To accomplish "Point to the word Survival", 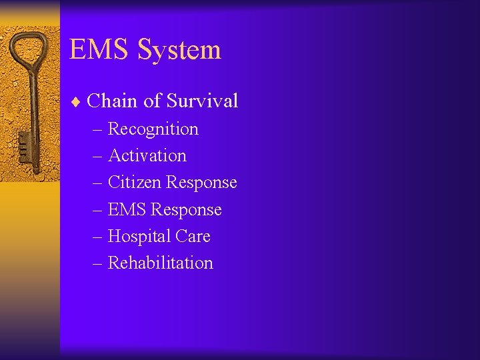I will point(202,101).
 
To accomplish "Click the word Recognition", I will point(153,129).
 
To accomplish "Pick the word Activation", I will point(147,155).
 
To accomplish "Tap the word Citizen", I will point(134,182).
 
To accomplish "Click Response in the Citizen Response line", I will point(201,182).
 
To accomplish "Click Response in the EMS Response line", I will point(186,209).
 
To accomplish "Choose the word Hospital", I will point(139,236).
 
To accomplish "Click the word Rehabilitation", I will point(160,263).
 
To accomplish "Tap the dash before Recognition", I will point(98,129).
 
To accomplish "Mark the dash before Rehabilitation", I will point(98,263).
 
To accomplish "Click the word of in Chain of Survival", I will point(152,101).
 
